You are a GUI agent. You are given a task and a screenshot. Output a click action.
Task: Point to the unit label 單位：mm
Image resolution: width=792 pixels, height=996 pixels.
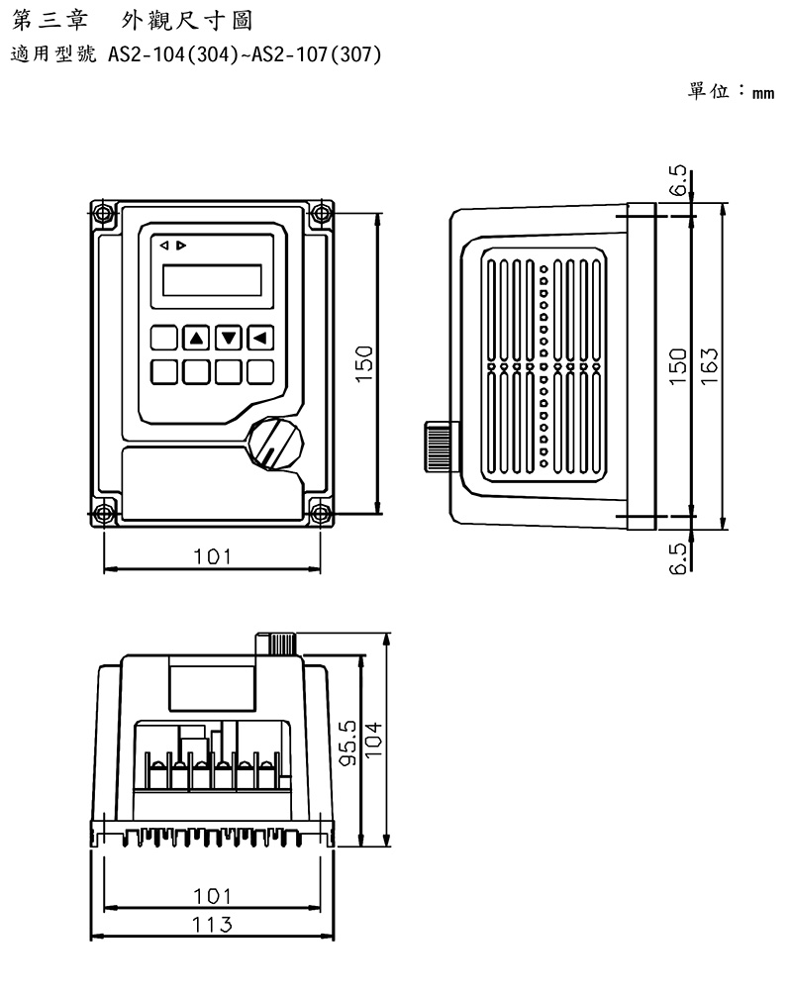[x=730, y=91]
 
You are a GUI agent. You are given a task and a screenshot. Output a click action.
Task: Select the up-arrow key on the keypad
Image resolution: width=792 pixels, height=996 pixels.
[x=196, y=338]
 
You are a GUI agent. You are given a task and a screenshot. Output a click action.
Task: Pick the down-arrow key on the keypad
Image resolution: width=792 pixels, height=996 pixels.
[x=229, y=338]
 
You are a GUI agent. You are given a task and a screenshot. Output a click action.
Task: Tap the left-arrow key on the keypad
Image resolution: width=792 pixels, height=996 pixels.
[x=260, y=338]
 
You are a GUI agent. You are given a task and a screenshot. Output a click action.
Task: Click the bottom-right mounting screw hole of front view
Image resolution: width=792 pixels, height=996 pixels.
[x=320, y=512]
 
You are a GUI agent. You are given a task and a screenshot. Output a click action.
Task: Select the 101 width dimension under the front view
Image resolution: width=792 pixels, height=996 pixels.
[x=212, y=557]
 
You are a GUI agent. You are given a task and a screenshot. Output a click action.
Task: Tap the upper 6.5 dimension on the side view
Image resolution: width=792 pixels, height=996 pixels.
[x=678, y=182]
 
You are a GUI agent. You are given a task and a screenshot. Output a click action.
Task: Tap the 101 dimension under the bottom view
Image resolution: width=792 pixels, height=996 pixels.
[x=212, y=896]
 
